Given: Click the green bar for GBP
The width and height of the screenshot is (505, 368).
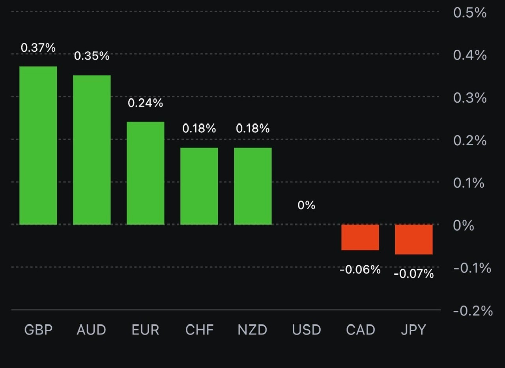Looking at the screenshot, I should pos(38,145).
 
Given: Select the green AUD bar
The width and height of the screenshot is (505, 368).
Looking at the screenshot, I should pos(92,150).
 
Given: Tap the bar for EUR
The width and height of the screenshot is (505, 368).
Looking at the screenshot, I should pos(146,173).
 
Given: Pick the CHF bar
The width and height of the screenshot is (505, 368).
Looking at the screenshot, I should pos(199,186).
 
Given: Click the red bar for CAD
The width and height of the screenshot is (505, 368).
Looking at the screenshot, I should pos(360,237).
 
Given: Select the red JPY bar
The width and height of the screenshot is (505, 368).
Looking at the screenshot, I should pos(414,239).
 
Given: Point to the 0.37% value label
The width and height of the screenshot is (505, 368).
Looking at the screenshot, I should pos(38,48).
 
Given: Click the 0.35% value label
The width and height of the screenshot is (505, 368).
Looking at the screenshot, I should pos(92,56).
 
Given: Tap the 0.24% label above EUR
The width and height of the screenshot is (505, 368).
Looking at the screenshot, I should pos(146,103).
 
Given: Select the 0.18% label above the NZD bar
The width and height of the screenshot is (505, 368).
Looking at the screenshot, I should pos(253,128).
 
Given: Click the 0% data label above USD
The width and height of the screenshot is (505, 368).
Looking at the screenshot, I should pos(307,205).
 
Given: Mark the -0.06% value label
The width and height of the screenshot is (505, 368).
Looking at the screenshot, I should pos(360,270).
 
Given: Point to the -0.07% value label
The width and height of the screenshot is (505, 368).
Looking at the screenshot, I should pos(414,274).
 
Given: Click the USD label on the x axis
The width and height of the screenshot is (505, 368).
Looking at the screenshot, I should pos(307,330).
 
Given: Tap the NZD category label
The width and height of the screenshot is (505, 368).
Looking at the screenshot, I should pos(252,330).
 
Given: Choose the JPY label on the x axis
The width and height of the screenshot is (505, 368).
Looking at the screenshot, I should pos(413,330).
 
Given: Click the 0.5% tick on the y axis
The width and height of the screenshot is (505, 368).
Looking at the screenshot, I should pos(470,13).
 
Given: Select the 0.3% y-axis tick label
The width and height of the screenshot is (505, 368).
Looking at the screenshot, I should pos(470,98).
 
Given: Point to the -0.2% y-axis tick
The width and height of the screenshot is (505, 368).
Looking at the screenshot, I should pos(473,311).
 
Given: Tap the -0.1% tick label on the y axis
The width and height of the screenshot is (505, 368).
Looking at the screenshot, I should pos(472,268).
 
